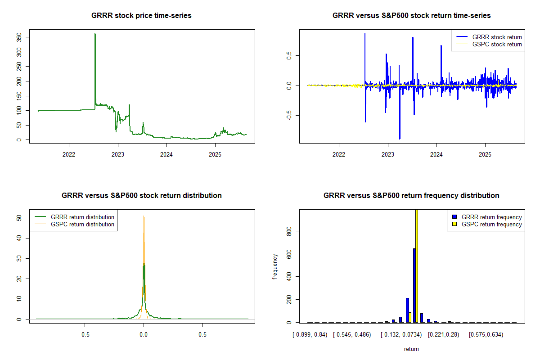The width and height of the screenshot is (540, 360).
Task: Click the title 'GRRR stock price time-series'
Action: tap(142, 16)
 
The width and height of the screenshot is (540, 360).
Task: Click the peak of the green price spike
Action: tap(95, 34)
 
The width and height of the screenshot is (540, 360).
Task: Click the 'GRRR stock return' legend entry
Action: tap(497, 37)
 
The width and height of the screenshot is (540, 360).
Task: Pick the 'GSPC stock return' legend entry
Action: tap(497, 44)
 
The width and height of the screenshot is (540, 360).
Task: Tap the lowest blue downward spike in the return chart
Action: tap(400, 138)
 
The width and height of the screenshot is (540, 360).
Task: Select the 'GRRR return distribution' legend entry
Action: tap(82, 217)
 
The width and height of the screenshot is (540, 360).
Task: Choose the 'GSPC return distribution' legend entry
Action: tap(82, 224)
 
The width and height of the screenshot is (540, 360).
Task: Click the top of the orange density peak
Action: tap(144, 216)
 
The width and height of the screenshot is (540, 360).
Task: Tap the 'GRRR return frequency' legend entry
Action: tap(491, 217)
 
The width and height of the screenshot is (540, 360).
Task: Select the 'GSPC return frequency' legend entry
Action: tap(491, 224)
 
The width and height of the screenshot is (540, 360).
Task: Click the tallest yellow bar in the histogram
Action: tap(417, 265)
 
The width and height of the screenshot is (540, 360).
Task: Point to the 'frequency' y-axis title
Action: tap(275, 266)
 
